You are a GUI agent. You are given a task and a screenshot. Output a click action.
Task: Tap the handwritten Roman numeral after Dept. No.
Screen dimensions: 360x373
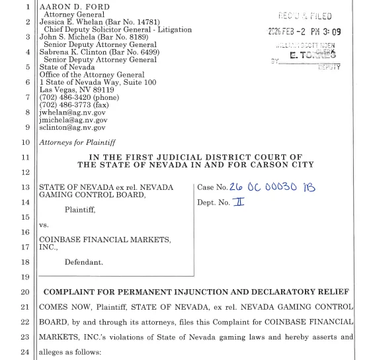[239, 202]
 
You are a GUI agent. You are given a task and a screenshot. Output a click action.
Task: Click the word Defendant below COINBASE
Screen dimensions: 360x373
[85, 263]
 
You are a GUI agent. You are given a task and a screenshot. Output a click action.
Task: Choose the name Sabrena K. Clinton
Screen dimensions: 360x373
[79, 52]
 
